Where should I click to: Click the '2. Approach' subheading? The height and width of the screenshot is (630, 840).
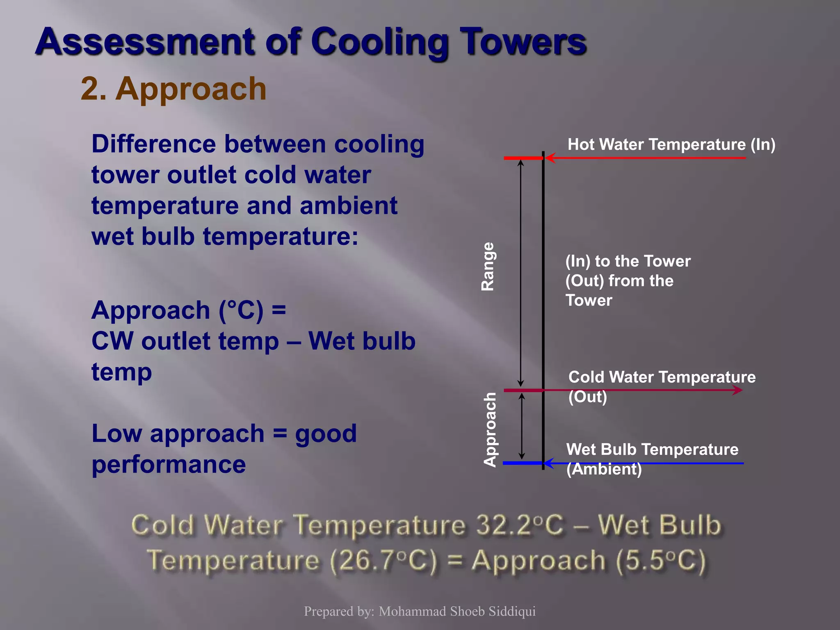point(173,89)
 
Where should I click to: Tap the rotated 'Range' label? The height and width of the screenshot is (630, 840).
point(488,267)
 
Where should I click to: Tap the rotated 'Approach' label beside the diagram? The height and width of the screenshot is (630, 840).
point(490,429)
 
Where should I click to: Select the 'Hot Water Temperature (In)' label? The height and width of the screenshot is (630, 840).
point(671,144)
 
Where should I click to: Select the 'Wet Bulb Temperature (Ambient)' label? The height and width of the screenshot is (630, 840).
point(652,459)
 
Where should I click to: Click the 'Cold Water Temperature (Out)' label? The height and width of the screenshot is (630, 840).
point(661,386)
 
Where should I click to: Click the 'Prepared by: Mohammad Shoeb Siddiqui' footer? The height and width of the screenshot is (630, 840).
point(420,611)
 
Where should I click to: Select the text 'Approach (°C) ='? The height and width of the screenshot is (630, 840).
point(189,310)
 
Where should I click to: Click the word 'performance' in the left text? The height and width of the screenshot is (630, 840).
point(169,464)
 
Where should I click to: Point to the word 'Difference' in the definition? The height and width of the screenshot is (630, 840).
point(153,144)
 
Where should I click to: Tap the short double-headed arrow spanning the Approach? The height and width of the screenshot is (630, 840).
point(522,427)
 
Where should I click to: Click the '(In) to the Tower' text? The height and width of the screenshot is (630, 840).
point(628,261)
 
